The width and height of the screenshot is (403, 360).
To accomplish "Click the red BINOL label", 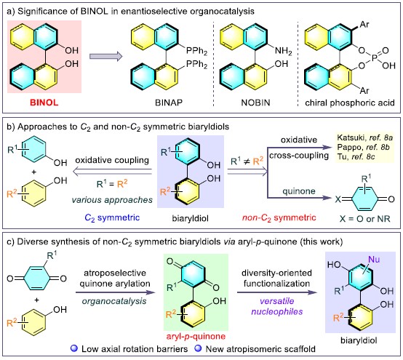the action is [44, 103].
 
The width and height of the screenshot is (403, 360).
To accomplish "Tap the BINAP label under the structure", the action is [169, 103].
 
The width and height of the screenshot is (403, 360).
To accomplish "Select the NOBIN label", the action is [255, 103].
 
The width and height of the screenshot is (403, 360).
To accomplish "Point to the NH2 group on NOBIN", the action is [283, 51].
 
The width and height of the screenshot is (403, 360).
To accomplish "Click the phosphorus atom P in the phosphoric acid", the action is [374, 58].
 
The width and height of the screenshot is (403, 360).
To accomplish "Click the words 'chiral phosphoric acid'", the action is [350, 103].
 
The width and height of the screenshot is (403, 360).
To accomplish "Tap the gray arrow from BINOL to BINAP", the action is [106, 56].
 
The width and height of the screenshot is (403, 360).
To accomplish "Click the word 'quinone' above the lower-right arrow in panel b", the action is [299, 191].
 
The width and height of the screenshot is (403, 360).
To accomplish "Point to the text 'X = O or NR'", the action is [364, 219].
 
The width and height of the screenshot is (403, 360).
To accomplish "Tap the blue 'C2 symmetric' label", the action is [112, 218].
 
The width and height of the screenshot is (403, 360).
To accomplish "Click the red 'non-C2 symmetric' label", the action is [279, 218].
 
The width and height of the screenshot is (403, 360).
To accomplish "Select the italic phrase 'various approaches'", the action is [112, 200].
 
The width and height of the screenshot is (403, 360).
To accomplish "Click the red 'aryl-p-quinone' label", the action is [196, 336].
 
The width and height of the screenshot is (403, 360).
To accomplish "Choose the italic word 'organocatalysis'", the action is [114, 301].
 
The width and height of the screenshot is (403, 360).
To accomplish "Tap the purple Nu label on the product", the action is [374, 260].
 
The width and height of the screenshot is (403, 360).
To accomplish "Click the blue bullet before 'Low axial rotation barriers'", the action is [74, 348].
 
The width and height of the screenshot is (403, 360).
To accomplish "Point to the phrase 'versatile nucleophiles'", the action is [277, 306].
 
